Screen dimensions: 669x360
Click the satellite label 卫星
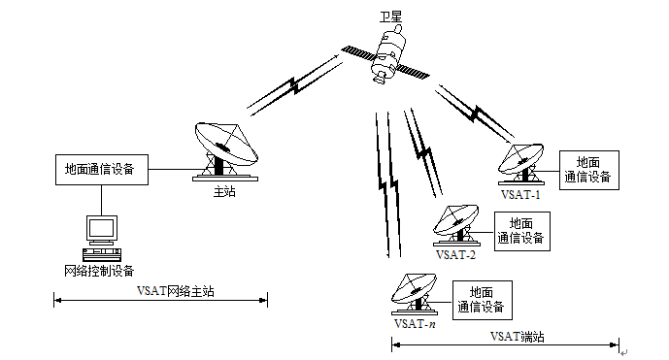pyautogui.click(x=390, y=17)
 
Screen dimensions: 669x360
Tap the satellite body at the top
pyautogui.click(x=387, y=53)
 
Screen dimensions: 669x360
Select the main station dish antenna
pyautogui.click(x=225, y=151)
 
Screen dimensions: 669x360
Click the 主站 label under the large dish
pyautogui.click(x=224, y=191)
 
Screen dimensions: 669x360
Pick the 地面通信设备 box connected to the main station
pyautogui.click(x=102, y=170)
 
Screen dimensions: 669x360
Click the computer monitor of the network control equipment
pyautogui.click(x=102, y=229)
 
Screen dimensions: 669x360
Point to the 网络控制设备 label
pyautogui.click(x=99, y=271)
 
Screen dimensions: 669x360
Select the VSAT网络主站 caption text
pyautogui.click(x=176, y=291)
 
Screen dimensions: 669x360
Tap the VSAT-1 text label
pyautogui.click(x=520, y=195)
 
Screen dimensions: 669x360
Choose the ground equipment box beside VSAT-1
pyautogui.click(x=588, y=170)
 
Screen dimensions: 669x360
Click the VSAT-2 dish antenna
pyautogui.click(x=456, y=225)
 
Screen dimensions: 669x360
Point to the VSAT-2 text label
pyautogui.click(x=455, y=255)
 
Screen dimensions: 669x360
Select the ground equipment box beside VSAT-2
pyautogui.click(x=521, y=231)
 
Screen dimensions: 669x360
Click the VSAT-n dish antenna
pyautogui.click(x=415, y=294)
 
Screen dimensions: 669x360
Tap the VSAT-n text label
pyautogui.click(x=416, y=324)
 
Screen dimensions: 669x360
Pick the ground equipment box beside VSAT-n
pyautogui.click(x=483, y=300)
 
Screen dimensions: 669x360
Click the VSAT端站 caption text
pyautogui.click(x=518, y=337)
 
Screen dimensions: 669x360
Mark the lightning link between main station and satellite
pyautogui.click(x=295, y=84)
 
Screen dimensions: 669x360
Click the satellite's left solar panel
pyautogui.click(x=359, y=53)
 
